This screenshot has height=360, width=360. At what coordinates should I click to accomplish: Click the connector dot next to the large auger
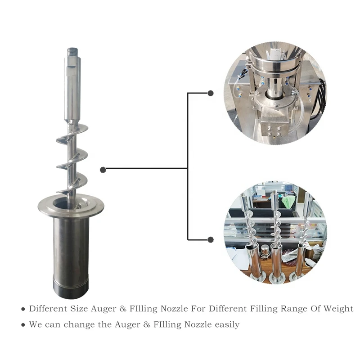[x=103, y=169]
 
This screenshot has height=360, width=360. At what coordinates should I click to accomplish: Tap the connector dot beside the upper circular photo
[x=210, y=93]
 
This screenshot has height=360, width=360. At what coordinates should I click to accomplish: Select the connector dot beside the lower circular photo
[x=210, y=239]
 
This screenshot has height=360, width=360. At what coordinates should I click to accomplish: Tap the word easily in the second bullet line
[x=225, y=324]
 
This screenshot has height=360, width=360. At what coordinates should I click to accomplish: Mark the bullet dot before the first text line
[x=23, y=310]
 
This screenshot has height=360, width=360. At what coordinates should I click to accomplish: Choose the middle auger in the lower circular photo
[x=275, y=238]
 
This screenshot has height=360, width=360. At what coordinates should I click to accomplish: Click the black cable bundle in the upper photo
[x=321, y=97]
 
